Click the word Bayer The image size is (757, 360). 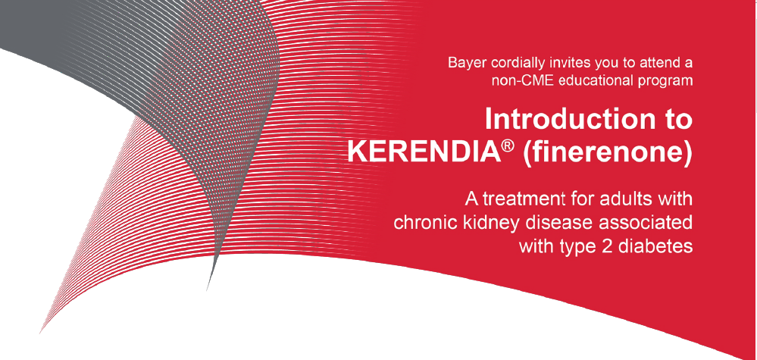464,63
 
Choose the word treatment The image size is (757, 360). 518,199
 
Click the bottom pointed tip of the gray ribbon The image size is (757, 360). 207,291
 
